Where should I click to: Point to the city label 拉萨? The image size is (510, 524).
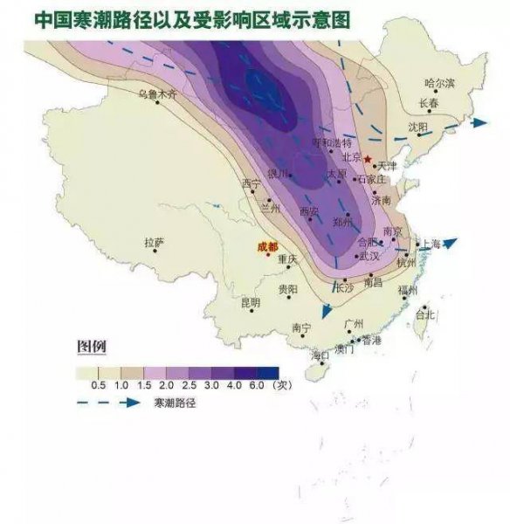pos(155,242)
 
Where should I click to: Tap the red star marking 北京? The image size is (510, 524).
pos(368,160)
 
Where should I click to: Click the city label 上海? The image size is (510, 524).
pos(432,244)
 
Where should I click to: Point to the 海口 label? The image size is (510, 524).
pos(320,355)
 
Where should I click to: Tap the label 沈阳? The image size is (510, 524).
pos(418,127)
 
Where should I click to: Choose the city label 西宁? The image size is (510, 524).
pos(252,184)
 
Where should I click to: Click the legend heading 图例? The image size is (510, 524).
pos(92,346)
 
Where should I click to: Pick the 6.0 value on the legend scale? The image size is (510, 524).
pos(256,385)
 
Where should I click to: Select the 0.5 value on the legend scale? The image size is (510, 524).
pos(99,385)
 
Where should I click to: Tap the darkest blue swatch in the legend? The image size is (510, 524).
pos(267,372)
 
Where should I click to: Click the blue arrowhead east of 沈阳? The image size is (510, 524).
pos(479,124)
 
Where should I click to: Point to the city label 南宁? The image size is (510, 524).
pos(300,328)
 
